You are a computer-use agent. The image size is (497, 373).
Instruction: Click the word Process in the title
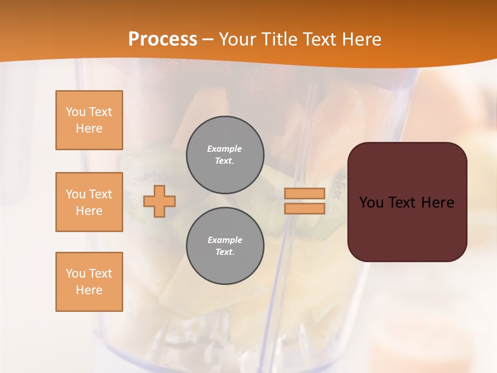coord(163,39)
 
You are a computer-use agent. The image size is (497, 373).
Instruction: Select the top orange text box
coord(89,120)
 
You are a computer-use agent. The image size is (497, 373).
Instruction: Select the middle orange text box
coord(89,202)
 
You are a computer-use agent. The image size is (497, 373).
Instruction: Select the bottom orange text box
coord(89,282)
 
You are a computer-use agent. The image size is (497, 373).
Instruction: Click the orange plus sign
coord(159,201)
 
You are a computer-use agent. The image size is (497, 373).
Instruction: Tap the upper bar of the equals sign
coord(305,193)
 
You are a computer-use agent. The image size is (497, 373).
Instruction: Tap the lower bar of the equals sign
coord(305,209)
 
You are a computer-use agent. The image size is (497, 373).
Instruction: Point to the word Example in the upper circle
coord(224,149)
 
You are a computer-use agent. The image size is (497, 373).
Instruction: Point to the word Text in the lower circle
coord(224,252)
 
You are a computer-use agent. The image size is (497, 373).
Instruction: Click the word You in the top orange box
coord(75,112)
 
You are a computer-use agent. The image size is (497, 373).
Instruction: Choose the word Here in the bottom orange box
coord(89,290)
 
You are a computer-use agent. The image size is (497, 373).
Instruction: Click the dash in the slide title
coord(208,39)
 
